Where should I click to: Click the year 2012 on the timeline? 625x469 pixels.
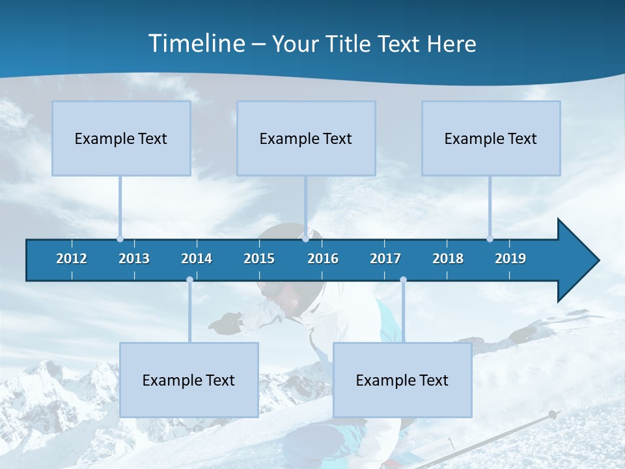(x=72, y=259)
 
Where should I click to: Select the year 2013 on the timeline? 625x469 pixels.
(x=134, y=259)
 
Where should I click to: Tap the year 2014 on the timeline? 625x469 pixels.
(x=197, y=259)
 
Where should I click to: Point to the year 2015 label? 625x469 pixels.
(x=259, y=259)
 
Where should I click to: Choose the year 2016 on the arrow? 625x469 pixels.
(x=323, y=259)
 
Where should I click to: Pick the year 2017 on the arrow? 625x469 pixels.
(x=385, y=259)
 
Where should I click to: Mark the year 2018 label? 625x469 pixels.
(x=448, y=259)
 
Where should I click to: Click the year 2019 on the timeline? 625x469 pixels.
(x=510, y=259)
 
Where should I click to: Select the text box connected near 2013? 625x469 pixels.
(x=121, y=138)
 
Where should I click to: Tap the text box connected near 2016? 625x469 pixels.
(x=306, y=138)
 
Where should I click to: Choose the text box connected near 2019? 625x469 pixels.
(x=491, y=138)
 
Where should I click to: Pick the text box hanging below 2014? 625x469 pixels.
(x=189, y=380)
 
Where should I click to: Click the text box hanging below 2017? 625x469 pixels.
(x=402, y=380)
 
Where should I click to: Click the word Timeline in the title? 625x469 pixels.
(x=195, y=44)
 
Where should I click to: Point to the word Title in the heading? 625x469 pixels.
(x=350, y=44)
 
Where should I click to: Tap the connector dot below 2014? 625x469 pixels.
(x=189, y=280)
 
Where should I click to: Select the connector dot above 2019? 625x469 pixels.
(x=490, y=238)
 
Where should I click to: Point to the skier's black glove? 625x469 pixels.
(x=227, y=324)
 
